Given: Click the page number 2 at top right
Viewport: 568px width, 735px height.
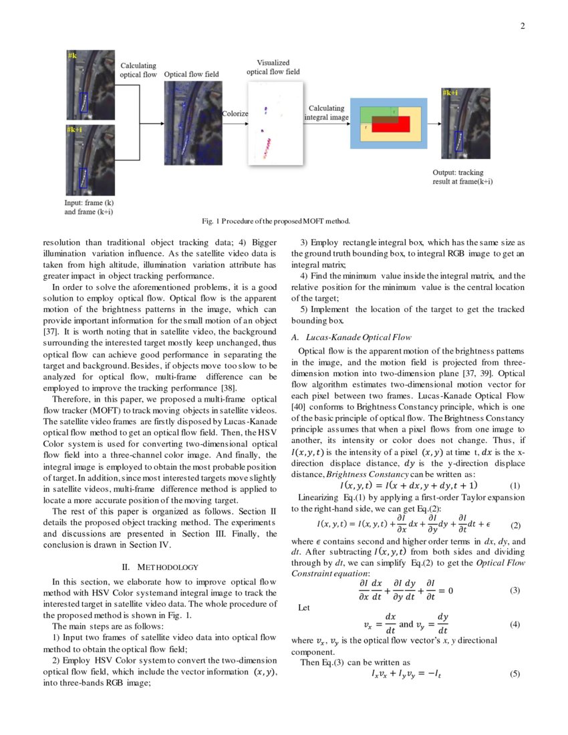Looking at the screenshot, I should [x=523, y=27].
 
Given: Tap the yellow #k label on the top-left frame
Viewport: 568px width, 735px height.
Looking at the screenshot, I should [x=72, y=54].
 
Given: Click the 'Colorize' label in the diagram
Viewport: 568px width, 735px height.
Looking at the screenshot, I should [x=235, y=114].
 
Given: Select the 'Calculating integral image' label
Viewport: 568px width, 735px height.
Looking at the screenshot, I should [x=326, y=112].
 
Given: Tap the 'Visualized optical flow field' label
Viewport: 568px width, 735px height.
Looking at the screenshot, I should [x=273, y=67].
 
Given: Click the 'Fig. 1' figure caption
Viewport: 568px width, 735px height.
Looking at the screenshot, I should [x=283, y=220].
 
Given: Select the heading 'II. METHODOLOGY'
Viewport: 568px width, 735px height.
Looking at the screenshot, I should [x=159, y=567].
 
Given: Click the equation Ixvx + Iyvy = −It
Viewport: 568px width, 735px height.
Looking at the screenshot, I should [x=406, y=675].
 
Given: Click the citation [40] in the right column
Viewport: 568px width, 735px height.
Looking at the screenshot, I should [x=299, y=406].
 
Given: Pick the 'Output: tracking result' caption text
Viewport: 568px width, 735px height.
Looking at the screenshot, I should [x=462, y=176].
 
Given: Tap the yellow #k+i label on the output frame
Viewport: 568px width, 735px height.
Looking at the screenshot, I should [x=450, y=93].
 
